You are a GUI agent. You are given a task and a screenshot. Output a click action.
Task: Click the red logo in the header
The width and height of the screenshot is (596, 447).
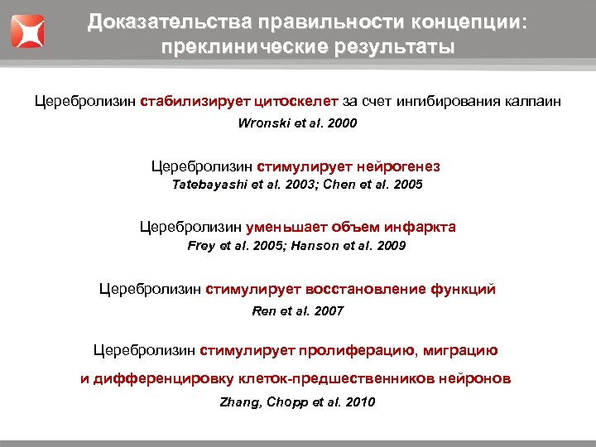(27, 30)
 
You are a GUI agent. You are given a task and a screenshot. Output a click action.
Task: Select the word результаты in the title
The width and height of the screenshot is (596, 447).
(377, 46)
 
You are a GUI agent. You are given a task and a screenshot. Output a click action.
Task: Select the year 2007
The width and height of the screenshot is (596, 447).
(329, 311)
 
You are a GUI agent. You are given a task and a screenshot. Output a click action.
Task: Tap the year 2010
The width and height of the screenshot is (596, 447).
(360, 402)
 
